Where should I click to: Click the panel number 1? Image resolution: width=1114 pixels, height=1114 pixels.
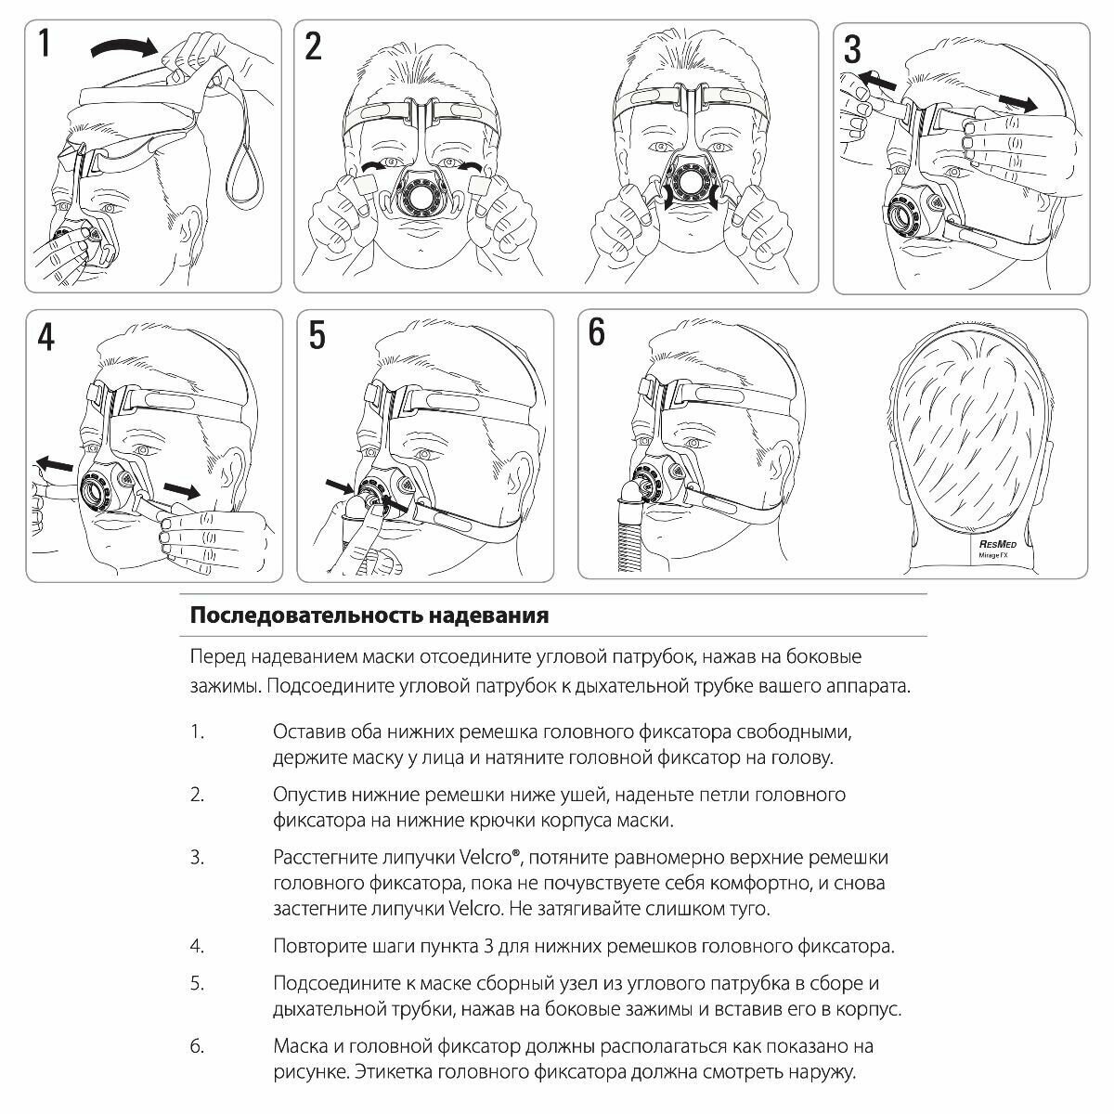(43, 43)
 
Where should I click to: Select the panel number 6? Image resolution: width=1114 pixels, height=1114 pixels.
(596, 332)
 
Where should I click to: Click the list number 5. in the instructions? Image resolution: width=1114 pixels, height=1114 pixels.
(197, 983)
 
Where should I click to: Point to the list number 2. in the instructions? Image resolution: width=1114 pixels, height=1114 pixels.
(197, 795)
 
